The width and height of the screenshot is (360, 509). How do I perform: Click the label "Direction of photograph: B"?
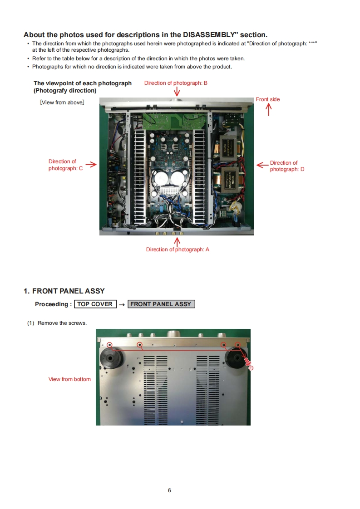coord(176,83)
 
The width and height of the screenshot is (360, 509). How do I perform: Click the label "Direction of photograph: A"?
coord(178,250)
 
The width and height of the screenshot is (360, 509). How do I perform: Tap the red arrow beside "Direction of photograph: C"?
coord(91,165)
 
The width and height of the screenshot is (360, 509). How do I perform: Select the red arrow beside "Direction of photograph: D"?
coord(262,165)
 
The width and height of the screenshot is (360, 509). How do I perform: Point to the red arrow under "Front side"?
coord(268,109)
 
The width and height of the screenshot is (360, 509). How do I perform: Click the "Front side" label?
coord(268,99)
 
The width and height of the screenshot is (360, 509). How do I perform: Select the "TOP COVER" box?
coord(95,304)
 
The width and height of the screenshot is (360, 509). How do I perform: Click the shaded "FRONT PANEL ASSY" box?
coord(161,304)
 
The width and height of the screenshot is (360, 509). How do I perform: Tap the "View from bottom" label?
coord(69,379)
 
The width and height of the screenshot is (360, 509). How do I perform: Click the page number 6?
coord(169,490)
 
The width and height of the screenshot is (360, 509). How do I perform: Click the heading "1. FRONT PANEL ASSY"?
coord(64,291)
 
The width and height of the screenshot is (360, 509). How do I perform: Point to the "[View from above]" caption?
coord(62,103)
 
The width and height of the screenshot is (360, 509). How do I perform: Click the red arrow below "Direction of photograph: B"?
coord(177,92)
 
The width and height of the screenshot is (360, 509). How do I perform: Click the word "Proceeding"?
coord(52,304)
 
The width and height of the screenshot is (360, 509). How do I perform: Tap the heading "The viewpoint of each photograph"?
coord(83,83)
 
